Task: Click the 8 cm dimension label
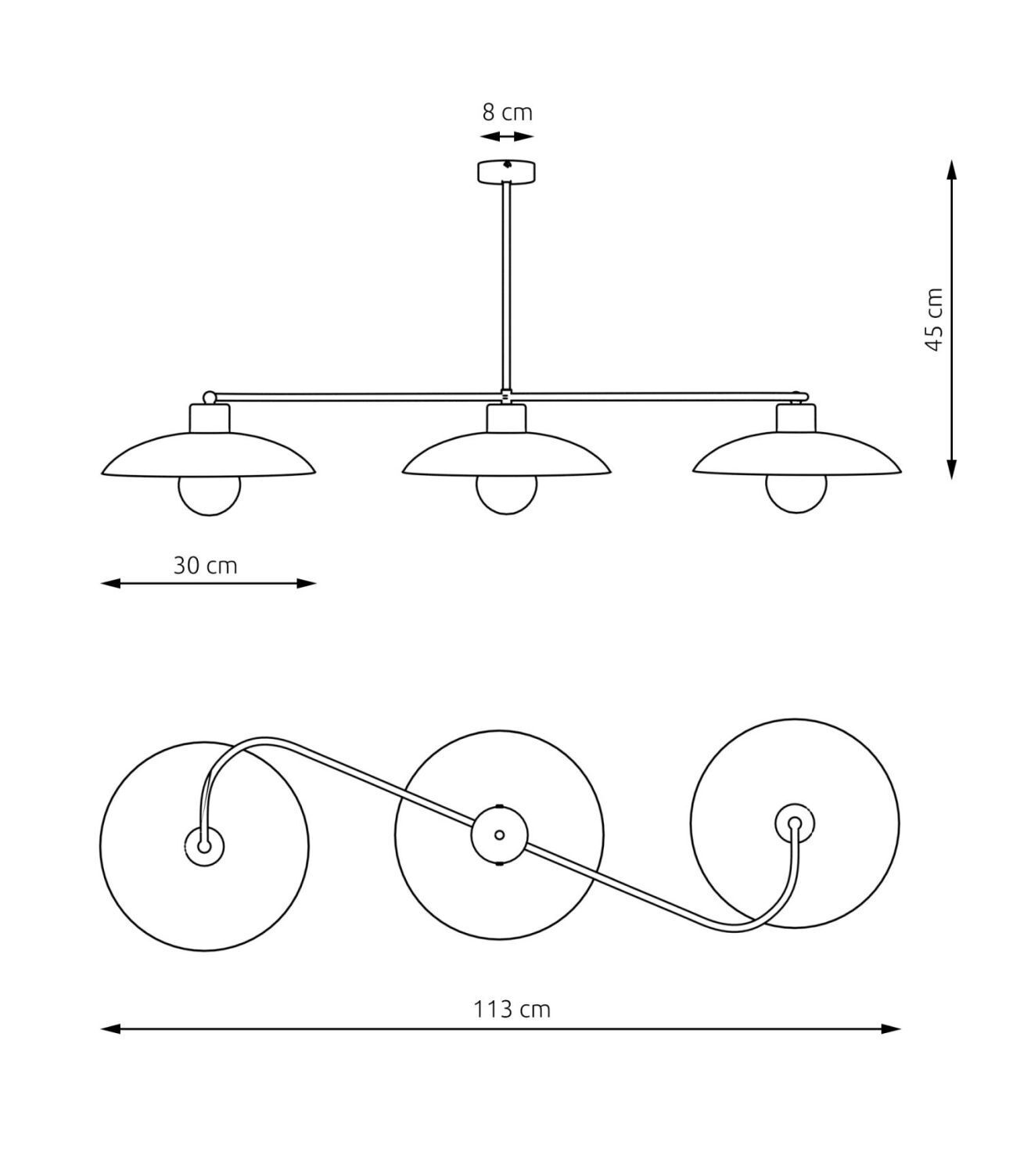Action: (x=507, y=113)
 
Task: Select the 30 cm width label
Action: (x=205, y=565)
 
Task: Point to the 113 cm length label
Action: (x=512, y=1009)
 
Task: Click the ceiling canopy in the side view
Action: (x=507, y=171)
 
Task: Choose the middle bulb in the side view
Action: (x=507, y=495)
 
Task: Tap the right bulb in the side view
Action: (x=796, y=495)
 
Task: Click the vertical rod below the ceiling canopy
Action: (x=507, y=286)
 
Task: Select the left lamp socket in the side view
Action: (x=210, y=418)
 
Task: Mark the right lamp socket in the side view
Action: (x=796, y=418)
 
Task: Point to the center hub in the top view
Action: (x=499, y=834)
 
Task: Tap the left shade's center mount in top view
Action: (x=204, y=847)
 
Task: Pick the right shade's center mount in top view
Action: (x=795, y=823)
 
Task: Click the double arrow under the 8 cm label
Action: (x=507, y=137)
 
